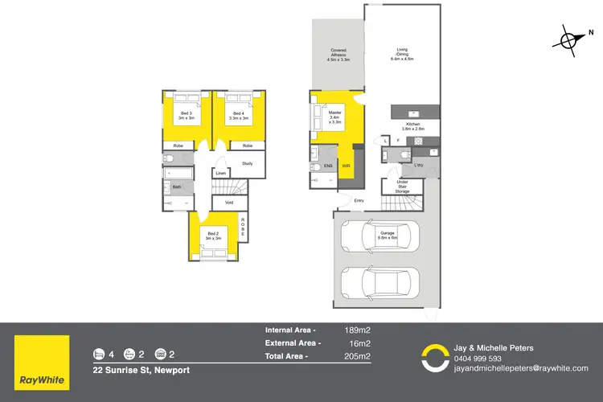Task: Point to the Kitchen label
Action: [x=412, y=126]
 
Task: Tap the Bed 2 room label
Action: [x=212, y=236]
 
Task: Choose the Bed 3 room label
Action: [x=187, y=116]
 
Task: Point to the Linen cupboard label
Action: [x=220, y=173]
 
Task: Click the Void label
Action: [x=229, y=203]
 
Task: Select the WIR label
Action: [x=346, y=166]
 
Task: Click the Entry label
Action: [x=359, y=201]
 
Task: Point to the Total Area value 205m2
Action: [x=357, y=356]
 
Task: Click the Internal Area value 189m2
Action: [x=357, y=330]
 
